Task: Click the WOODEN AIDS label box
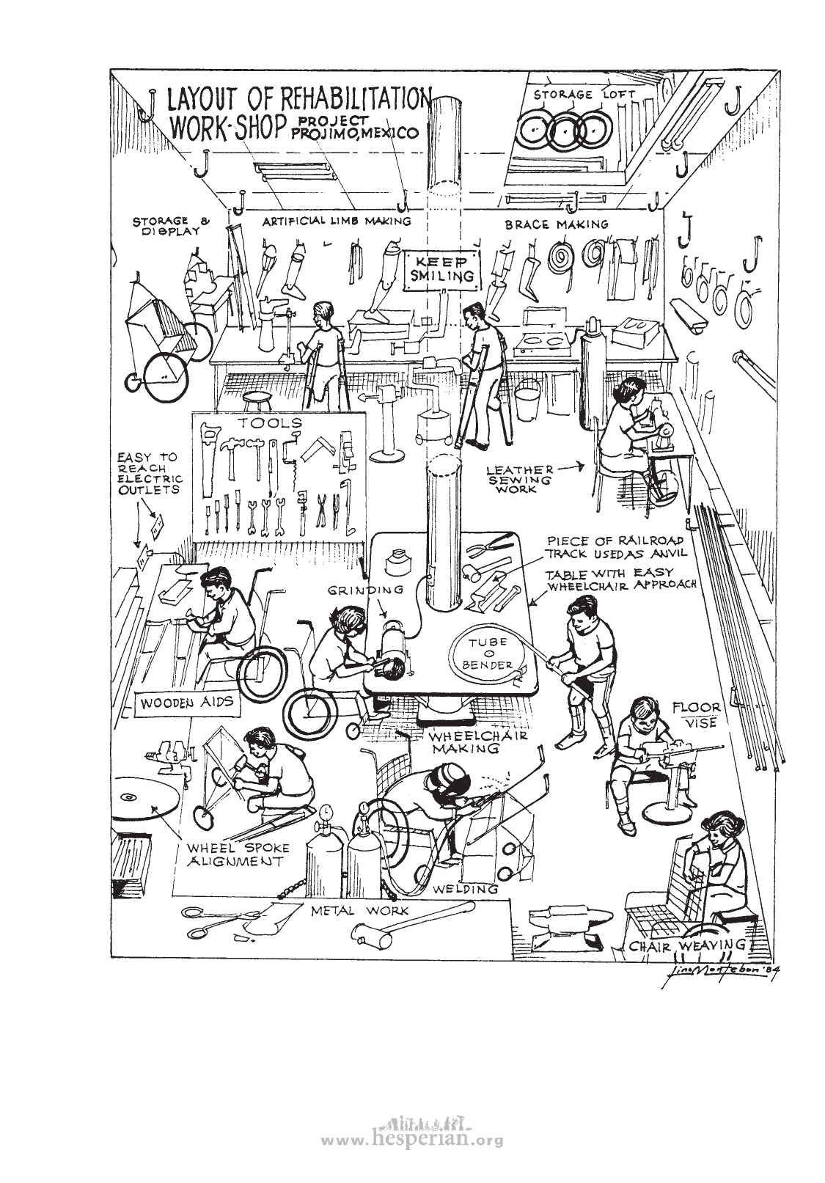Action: coord(188,703)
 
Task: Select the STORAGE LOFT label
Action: coord(574,95)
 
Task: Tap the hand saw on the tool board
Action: coord(208,448)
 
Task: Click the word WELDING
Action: coord(466,889)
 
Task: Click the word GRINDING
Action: coord(365,589)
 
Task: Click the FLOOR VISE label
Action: coord(697,715)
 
